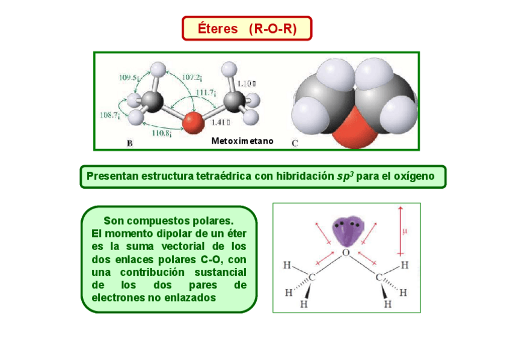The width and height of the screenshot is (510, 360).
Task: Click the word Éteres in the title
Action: (x=218, y=29)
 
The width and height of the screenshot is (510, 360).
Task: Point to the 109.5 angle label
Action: (x=129, y=77)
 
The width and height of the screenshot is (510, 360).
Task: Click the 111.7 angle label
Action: (x=206, y=92)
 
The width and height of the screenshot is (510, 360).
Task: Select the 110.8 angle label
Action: (x=162, y=132)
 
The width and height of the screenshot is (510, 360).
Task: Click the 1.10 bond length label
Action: (x=247, y=84)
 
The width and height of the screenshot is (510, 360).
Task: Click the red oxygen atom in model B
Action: (x=193, y=122)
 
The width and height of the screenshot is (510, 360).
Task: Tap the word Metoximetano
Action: (x=242, y=141)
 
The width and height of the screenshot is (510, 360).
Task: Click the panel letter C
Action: (x=295, y=143)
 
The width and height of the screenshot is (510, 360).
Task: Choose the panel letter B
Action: (x=129, y=143)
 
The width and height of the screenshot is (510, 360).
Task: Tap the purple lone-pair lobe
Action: (x=348, y=230)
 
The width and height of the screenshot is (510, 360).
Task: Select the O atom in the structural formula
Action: (x=346, y=253)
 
